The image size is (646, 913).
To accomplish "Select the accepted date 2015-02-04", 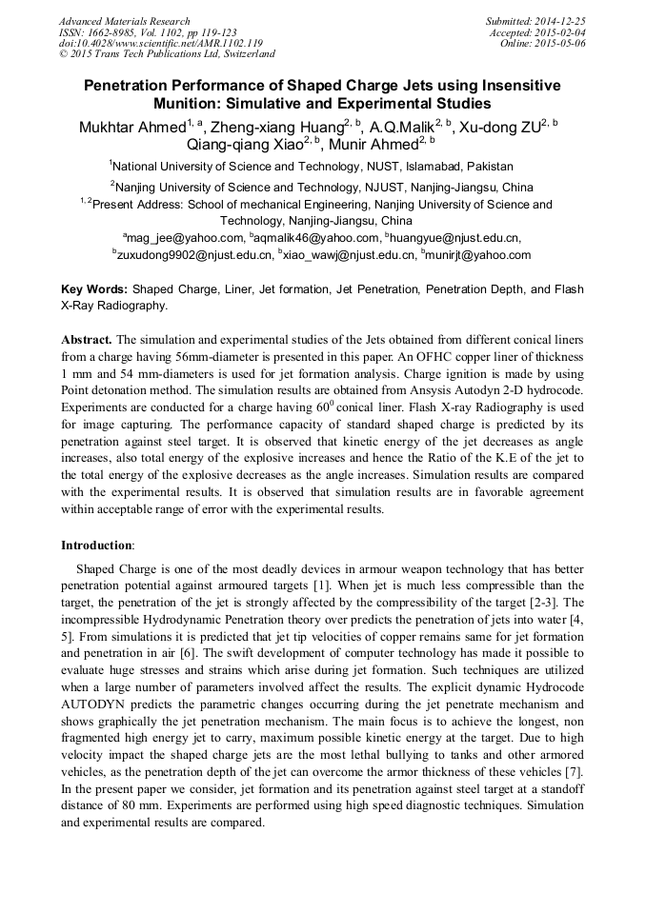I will [562, 32].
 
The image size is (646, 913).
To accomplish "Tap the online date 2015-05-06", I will [562, 43].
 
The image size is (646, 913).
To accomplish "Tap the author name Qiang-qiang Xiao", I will [243, 144].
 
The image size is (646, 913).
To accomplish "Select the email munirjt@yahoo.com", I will [479, 255].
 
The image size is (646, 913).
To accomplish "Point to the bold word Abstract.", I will [87, 340].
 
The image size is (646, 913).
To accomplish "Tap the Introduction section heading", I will [97, 546].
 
